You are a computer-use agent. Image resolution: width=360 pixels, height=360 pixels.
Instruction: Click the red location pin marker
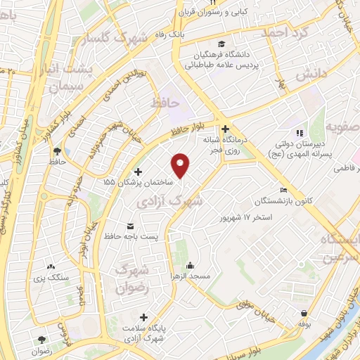click(181, 165)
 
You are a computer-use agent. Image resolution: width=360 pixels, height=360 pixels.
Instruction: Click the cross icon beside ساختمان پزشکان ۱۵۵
click(138, 172)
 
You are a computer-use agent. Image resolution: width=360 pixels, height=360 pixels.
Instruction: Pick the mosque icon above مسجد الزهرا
click(190, 266)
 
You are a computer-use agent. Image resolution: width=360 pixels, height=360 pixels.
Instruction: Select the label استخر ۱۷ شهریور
click(245, 217)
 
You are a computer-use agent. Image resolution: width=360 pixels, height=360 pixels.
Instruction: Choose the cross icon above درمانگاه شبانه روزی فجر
click(225, 129)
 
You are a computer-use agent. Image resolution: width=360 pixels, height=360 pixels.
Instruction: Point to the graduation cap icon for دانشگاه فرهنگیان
click(222, 43)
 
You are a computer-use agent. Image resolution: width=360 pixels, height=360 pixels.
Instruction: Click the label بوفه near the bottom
click(304, 324)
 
